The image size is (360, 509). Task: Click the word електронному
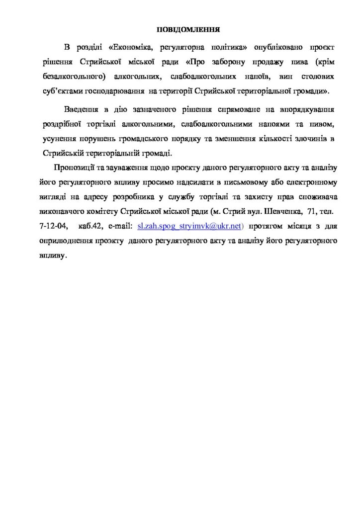[307, 181]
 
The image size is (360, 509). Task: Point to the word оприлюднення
[67, 241]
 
